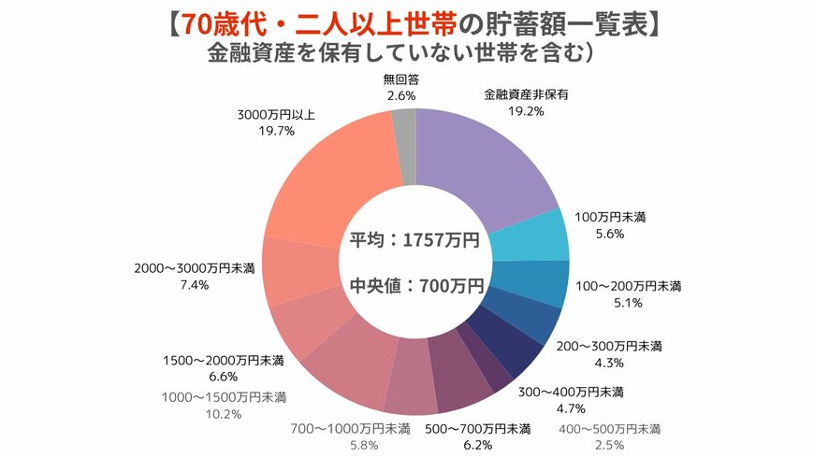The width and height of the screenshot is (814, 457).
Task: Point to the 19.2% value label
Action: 526,110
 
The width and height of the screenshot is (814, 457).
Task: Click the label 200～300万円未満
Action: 610,346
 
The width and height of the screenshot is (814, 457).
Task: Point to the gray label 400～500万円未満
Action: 608,429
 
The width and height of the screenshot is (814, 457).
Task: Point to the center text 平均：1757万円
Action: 414,240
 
